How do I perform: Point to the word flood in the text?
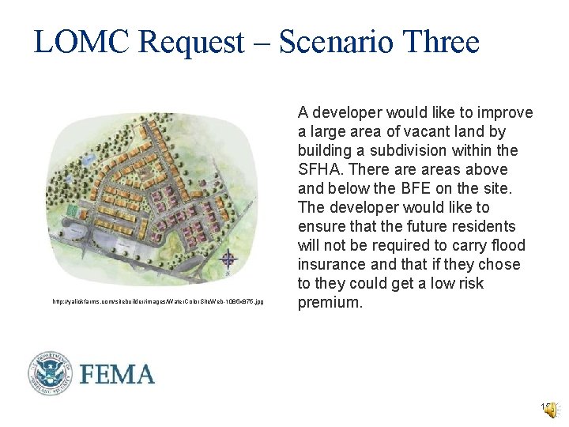coord(509,245)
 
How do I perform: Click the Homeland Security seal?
coord(51,373)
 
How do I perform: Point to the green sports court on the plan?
coord(73,212)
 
